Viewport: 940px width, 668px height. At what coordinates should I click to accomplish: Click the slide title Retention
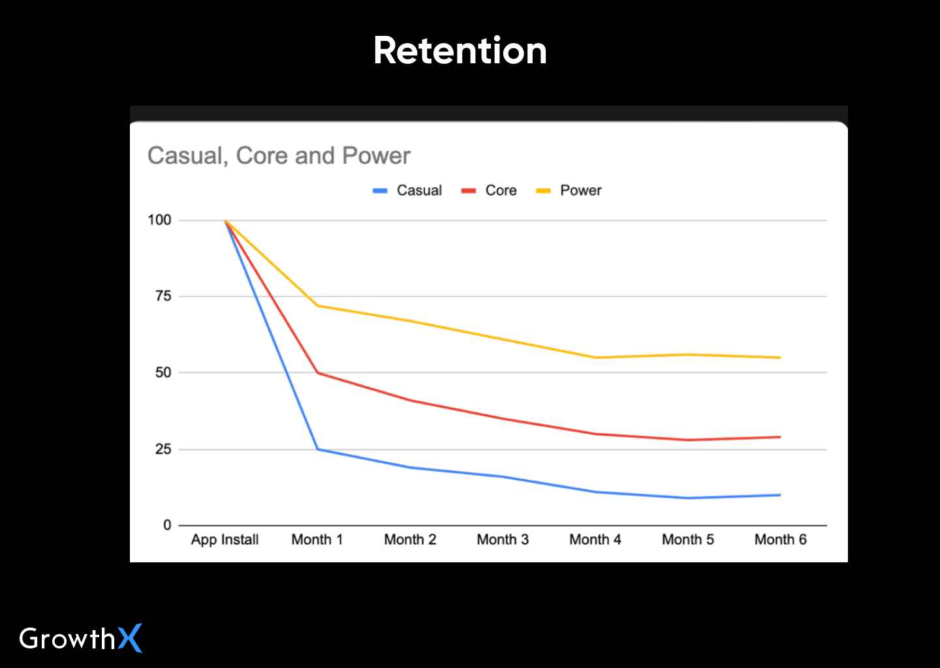460,51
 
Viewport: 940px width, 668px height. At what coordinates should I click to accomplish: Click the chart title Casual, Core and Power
279,156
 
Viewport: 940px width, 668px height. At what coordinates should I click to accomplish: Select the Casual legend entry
408,190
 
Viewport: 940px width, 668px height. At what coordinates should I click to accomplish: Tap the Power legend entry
569,190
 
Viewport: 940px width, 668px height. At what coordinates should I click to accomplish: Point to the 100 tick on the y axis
159,220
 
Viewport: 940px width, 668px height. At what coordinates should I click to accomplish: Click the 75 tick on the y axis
163,296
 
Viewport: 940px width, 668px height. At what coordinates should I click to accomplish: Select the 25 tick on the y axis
163,449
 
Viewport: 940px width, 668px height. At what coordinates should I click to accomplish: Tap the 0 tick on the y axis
167,525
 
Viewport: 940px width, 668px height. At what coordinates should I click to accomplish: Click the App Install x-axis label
225,539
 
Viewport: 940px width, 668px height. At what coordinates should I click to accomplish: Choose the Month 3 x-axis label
503,539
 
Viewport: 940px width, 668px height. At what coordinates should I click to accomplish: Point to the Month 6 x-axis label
781,539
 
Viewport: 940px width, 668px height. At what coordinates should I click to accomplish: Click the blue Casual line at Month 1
317,449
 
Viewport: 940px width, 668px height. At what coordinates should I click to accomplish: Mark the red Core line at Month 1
317,372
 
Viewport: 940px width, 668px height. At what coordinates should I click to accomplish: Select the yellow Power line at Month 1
317,305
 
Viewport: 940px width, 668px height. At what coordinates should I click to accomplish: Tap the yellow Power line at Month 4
595,357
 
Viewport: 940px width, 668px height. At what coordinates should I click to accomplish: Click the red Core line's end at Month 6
780,437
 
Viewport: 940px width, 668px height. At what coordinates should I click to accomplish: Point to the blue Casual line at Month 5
688,498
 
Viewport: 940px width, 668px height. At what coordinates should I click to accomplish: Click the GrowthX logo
80,638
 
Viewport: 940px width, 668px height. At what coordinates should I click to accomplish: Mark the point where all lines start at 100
225,220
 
